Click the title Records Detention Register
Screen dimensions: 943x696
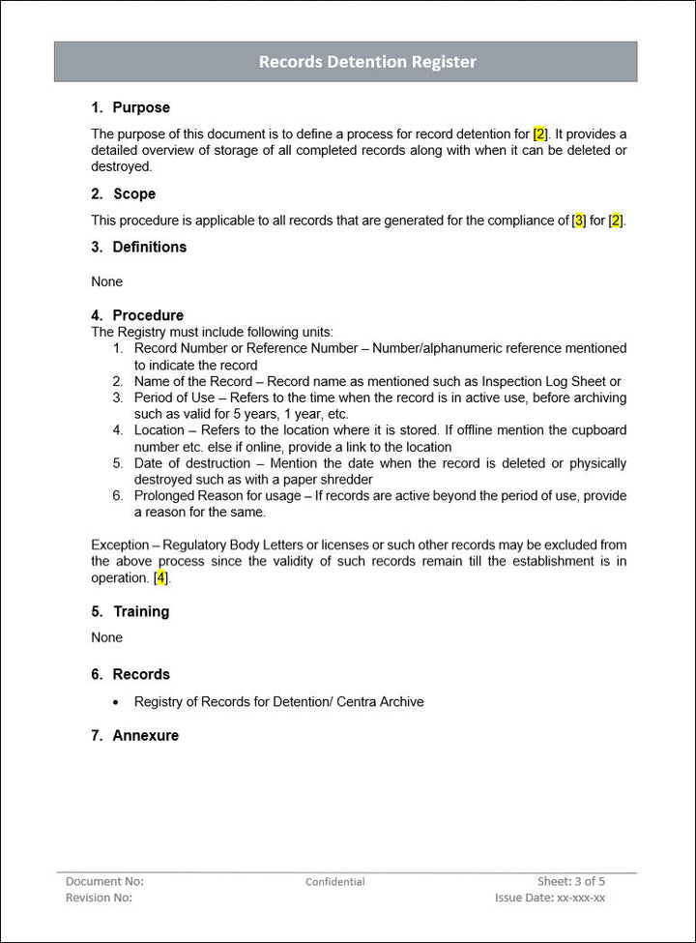(367, 62)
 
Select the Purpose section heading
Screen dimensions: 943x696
(140, 107)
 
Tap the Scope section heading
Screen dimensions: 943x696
(133, 193)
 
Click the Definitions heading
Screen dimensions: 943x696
(149, 247)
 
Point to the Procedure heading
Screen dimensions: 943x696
(147, 315)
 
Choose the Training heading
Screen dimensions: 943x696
(140, 611)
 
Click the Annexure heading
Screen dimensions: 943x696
(145, 735)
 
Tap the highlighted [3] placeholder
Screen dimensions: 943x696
(579, 221)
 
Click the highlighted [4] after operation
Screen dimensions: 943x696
(161, 578)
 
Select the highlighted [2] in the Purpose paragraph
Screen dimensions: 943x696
(540, 133)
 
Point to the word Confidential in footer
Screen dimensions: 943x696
(335, 882)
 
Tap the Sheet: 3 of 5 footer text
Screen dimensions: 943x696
(571, 881)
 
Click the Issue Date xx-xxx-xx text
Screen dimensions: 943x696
(550, 898)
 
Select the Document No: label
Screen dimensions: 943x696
(104, 881)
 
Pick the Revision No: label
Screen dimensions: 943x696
(99, 898)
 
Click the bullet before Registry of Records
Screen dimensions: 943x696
(117, 702)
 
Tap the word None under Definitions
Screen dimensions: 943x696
(107, 281)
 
